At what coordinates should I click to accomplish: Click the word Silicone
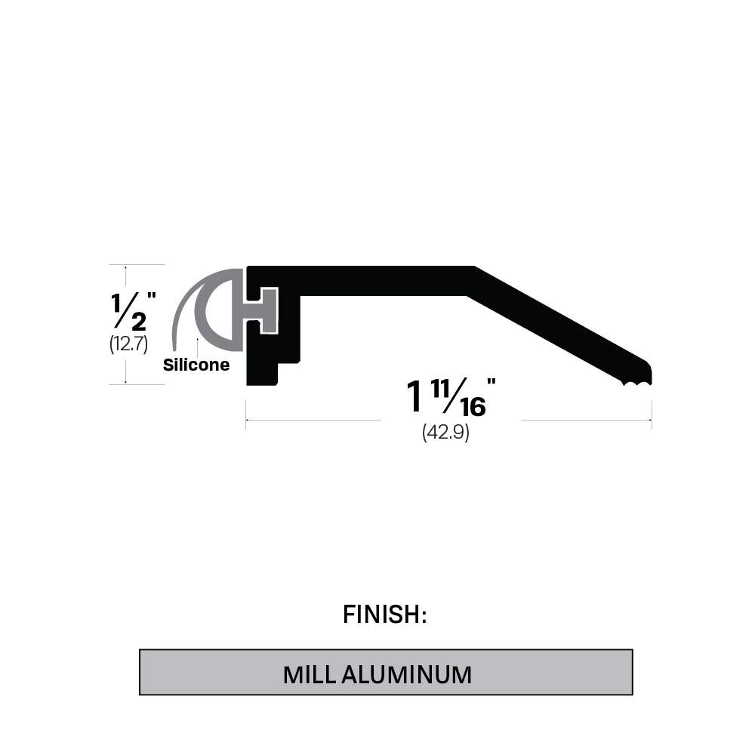pyautogui.click(x=196, y=365)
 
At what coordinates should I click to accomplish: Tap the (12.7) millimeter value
pyautogui.click(x=128, y=344)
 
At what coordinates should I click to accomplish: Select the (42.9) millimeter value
pyautogui.click(x=445, y=433)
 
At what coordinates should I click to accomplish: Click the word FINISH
pyautogui.click(x=385, y=615)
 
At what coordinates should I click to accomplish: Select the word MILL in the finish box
pyautogui.click(x=310, y=674)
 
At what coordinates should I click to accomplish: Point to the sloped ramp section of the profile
pyautogui.click(x=559, y=325)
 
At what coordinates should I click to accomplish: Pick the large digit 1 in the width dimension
pyautogui.click(x=414, y=397)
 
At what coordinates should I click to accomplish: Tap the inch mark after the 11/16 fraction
pyautogui.click(x=492, y=383)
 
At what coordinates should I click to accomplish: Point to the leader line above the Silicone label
pyautogui.click(x=197, y=347)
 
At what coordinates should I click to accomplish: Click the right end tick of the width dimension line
pyautogui.click(x=652, y=420)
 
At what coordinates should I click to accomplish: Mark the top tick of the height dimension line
pyautogui.click(x=126, y=265)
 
